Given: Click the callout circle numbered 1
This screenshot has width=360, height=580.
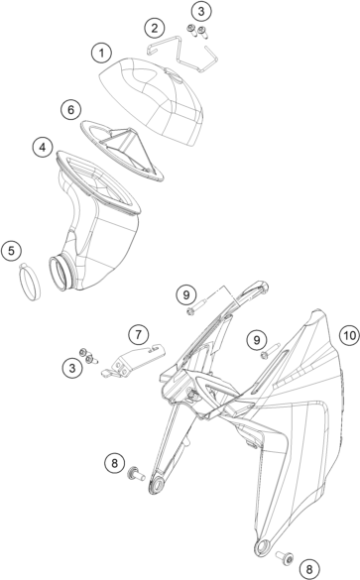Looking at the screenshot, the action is pos(101,54).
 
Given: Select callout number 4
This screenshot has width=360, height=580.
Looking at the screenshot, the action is pos(43,147).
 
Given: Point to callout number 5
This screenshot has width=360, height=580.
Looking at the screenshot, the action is pos(11,251).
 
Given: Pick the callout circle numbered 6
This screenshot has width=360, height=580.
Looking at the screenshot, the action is pos(70,109).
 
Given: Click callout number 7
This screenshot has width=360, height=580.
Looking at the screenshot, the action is pos(139,334).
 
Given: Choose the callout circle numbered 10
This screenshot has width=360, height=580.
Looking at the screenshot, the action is pos(349,335).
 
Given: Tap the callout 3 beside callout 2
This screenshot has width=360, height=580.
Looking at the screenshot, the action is pos(201,11).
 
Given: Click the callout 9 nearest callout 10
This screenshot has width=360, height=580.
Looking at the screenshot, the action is pos(257,339).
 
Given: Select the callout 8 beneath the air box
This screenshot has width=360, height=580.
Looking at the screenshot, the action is pos(309,568).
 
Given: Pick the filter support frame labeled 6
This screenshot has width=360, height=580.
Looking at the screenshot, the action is pos(122,150).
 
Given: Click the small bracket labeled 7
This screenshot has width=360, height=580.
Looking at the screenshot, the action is pos(133,359).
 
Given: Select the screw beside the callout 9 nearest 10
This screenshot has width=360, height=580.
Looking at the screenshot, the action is pos(271,351).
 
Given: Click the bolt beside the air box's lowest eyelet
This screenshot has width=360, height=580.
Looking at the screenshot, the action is pos(285,557).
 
